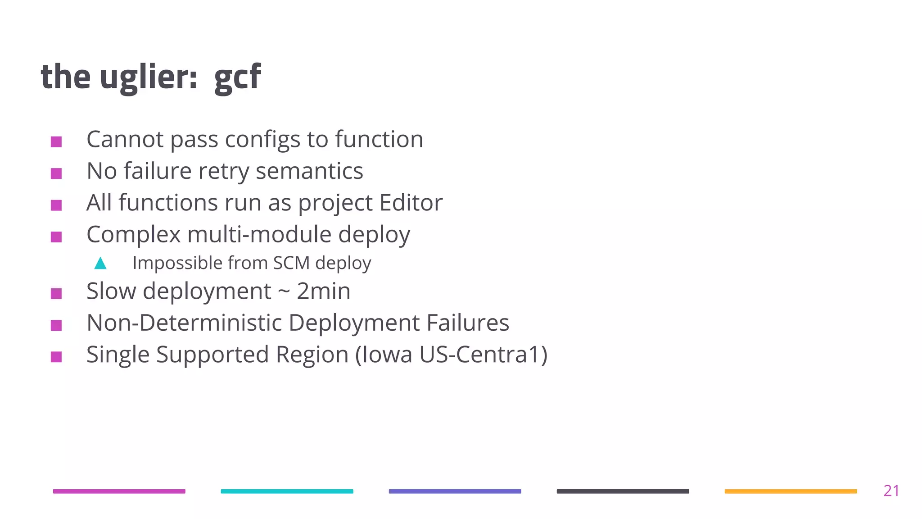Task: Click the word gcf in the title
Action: click(x=237, y=77)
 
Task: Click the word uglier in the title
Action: click(x=149, y=77)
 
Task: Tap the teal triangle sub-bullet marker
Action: click(x=100, y=263)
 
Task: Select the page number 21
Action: click(x=891, y=491)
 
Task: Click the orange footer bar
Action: click(x=791, y=491)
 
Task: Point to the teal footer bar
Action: click(x=287, y=491)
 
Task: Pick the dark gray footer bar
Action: click(x=623, y=491)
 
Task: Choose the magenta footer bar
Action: click(x=119, y=491)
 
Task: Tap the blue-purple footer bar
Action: click(x=455, y=491)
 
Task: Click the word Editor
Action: click(x=411, y=203)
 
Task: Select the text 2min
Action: click(x=323, y=291)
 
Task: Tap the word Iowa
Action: click(x=384, y=355)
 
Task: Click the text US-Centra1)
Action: click(x=484, y=355)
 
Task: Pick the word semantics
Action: click(x=309, y=171)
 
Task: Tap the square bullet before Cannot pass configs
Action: click(x=56, y=142)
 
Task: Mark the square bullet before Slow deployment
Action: click(x=56, y=294)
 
